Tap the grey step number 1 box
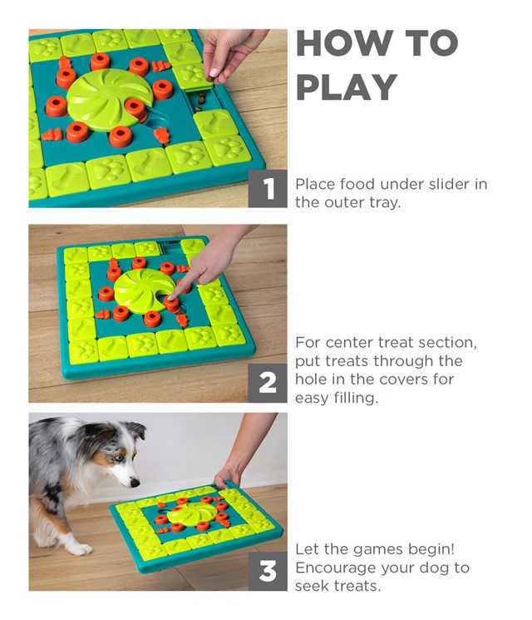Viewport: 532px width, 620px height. coord(268,190)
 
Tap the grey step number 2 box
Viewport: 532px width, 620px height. coord(268,384)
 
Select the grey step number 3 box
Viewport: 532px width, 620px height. coord(268,572)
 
